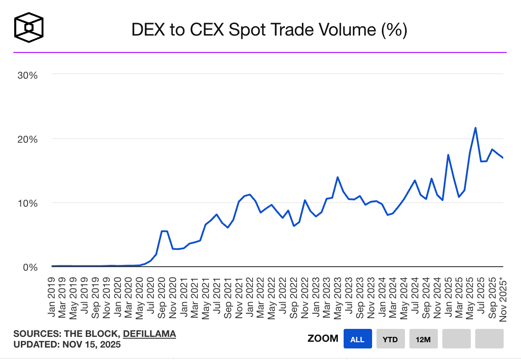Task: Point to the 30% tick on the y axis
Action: click(28, 75)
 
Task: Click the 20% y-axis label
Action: click(28, 139)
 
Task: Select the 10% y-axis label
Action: click(28, 203)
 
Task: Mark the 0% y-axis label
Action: click(30, 267)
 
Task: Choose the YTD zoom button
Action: click(390, 339)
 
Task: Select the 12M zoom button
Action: click(423, 339)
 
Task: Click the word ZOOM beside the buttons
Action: click(323, 339)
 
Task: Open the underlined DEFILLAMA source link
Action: click(149, 334)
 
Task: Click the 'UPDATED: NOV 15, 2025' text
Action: click(67, 344)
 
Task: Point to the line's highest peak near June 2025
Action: click(476, 128)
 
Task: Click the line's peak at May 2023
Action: click(338, 177)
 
